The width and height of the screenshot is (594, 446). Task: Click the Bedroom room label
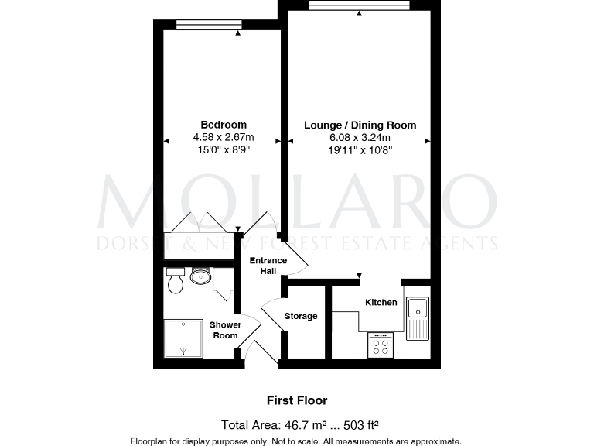224,125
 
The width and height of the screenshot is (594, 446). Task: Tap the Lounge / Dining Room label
360,125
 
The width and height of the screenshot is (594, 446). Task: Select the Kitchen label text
381,302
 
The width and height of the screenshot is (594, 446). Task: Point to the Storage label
301,316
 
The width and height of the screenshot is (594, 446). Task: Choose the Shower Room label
225,330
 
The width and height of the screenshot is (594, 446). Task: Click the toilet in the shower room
175,281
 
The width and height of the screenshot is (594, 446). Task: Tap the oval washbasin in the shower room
200,276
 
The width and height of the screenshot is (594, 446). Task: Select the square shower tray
183,338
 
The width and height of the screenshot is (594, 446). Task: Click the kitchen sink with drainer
417,317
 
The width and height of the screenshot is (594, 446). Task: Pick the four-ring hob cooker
380,345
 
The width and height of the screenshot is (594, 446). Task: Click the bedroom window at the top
208,25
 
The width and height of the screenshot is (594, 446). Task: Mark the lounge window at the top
359,5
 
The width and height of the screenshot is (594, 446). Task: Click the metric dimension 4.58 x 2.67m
224,138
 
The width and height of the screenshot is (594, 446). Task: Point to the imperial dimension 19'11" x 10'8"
360,151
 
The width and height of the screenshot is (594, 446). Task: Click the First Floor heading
297,400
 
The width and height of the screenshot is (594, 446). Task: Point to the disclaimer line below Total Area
297,441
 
